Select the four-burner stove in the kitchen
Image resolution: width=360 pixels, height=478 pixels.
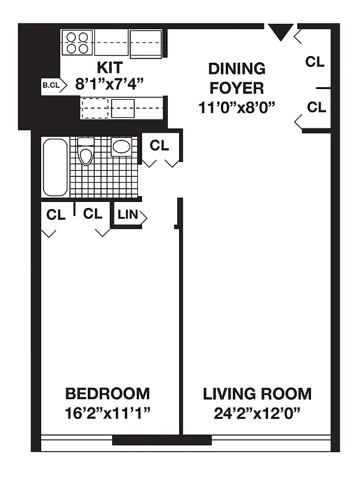pyautogui.click(x=78, y=42)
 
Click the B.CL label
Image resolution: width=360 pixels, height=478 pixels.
pyautogui.click(x=51, y=85)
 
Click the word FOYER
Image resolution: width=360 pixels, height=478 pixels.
pyautogui.click(x=236, y=88)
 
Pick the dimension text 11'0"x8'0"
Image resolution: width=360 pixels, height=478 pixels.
pyautogui.click(x=236, y=108)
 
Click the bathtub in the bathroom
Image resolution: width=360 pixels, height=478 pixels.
pyautogui.click(x=55, y=167)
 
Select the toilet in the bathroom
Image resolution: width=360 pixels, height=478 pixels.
pyautogui.click(x=86, y=152)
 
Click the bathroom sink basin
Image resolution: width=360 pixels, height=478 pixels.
pyautogui.click(x=121, y=146)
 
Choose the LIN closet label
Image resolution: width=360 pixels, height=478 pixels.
pyautogui.click(x=127, y=215)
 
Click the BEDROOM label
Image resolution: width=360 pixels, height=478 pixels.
pyautogui.click(x=107, y=394)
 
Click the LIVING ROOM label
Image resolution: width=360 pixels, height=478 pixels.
pyautogui.click(x=257, y=394)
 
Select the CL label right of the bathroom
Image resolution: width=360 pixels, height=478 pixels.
pyautogui.click(x=159, y=145)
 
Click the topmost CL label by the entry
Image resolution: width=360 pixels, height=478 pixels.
pyautogui.click(x=315, y=62)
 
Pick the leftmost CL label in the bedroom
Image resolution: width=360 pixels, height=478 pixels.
pyautogui.click(x=56, y=215)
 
